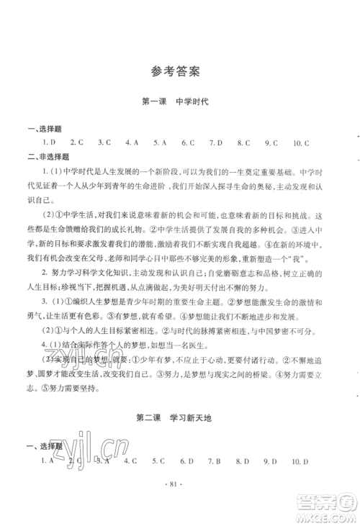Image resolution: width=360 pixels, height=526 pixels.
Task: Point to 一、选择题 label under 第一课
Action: tap(41, 128)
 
